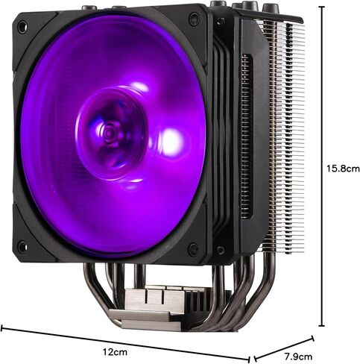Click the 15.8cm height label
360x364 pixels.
[343, 169]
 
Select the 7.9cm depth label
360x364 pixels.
[298, 357]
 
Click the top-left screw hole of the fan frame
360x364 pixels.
[22, 27]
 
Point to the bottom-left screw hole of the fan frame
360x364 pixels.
[22, 246]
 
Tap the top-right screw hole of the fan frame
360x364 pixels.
[194, 19]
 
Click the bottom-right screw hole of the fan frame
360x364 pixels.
[194, 248]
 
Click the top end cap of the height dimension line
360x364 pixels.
[322, 7]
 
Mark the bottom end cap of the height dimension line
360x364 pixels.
[322, 325]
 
